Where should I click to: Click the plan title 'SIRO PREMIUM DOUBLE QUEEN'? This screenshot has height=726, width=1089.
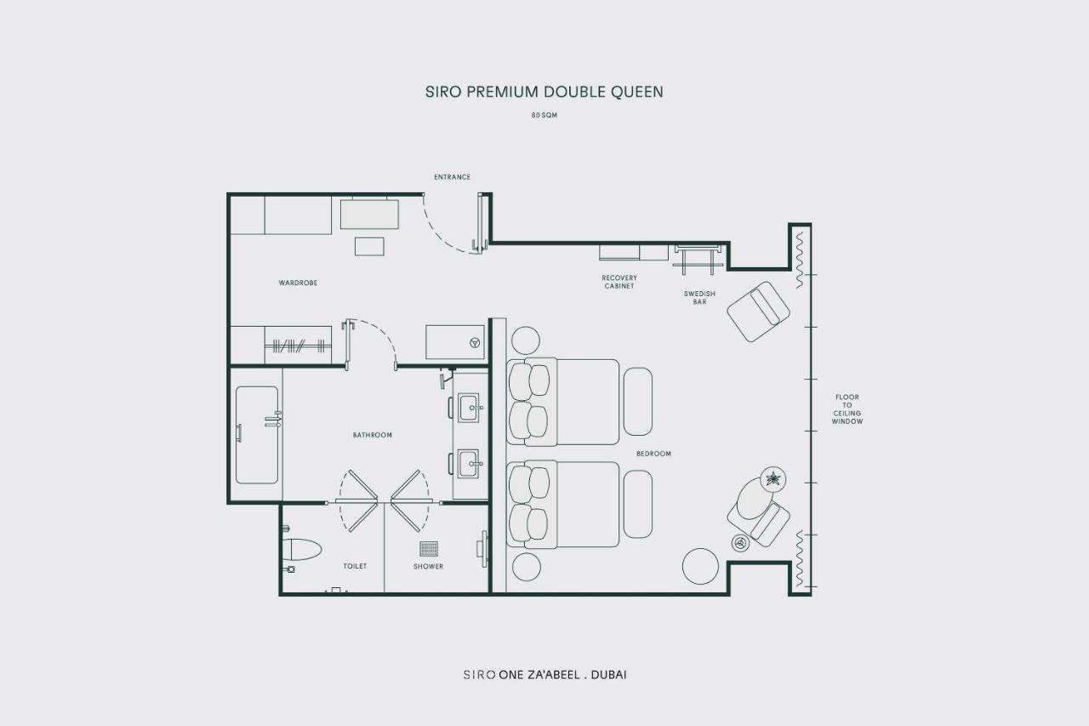click(x=544, y=92)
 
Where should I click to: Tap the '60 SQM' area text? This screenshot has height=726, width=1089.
click(x=544, y=115)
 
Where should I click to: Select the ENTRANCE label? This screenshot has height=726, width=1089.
click(x=452, y=177)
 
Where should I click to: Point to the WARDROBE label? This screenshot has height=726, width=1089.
click(x=298, y=283)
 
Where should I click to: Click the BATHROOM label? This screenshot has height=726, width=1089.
click(x=373, y=435)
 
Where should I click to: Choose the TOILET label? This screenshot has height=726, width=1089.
click(x=355, y=566)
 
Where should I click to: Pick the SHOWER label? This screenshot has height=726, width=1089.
click(x=428, y=566)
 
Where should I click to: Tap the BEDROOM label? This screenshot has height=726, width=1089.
click(x=654, y=454)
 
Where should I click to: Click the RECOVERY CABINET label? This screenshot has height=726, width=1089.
click(x=619, y=282)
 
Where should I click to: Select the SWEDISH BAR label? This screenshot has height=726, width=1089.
click(x=699, y=298)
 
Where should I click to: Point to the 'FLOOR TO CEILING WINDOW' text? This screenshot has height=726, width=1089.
click(x=847, y=409)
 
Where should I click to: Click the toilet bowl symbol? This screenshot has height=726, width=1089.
click(x=302, y=550)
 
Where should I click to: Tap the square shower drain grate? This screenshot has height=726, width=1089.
click(x=429, y=548)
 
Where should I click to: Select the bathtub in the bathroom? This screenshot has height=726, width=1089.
click(x=257, y=435)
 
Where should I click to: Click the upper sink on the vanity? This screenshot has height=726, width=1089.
click(x=469, y=408)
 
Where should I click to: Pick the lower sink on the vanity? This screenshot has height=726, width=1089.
click(x=469, y=463)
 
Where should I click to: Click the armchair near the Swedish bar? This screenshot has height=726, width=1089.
click(x=758, y=312)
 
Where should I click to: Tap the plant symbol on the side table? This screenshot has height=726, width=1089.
click(x=773, y=479)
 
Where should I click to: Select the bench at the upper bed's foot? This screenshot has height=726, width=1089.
click(x=638, y=402)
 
